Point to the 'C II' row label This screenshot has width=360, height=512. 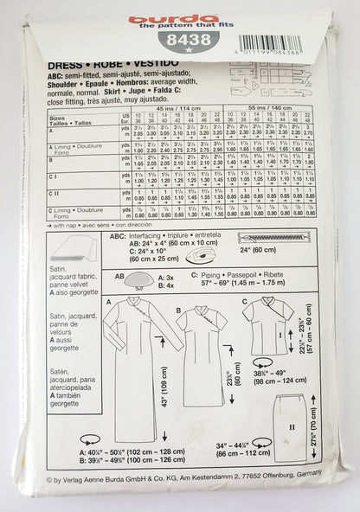pos(60,194)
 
